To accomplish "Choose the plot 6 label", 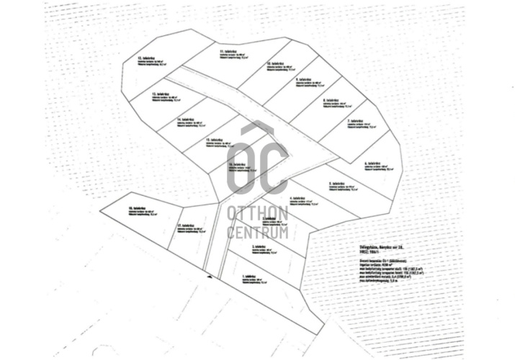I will (374, 165).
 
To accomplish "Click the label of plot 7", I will (357, 121).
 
